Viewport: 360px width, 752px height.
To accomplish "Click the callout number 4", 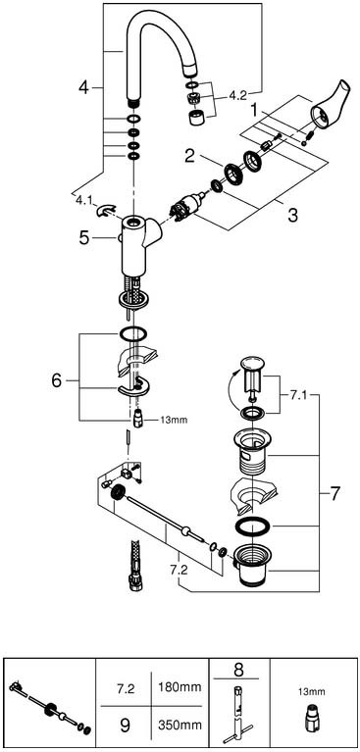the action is coord(84,88).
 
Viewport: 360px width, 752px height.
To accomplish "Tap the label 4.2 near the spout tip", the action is coord(237,95).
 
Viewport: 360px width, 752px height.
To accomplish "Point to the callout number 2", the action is coord(190,155).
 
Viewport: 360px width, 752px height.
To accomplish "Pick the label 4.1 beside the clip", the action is coord(82,199).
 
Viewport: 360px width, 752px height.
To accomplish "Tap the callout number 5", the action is coord(84,238).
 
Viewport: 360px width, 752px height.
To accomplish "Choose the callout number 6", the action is coord(57,381).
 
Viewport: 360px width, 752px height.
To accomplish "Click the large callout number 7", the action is coord(335,492).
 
